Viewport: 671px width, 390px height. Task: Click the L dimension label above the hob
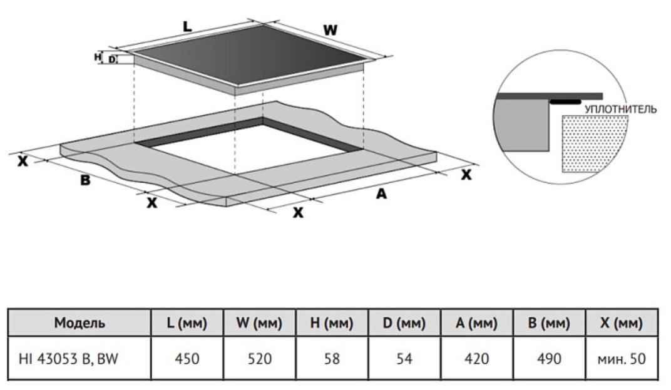coord(187,26)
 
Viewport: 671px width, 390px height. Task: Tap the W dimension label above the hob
coord(330,31)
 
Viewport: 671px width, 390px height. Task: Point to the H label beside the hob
coord(98,56)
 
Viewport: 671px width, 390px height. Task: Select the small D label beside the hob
coord(111,59)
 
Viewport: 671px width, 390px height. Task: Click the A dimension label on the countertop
coord(381,194)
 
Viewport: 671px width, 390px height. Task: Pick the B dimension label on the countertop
coord(86,180)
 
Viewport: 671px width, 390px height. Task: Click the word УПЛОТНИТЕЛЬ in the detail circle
coord(620,109)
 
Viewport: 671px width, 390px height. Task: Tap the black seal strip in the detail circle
coord(565,102)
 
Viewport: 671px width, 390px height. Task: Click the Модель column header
coord(79,322)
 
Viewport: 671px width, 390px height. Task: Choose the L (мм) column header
coord(187,323)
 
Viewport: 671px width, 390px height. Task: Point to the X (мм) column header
coord(622,323)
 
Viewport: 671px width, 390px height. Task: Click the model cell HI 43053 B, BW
coord(68,358)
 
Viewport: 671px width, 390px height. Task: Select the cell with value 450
coord(187,358)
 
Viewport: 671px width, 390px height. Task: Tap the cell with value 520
coord(260,358)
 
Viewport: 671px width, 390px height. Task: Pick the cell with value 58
coord(332,358)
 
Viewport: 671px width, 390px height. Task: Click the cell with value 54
coord(404,358)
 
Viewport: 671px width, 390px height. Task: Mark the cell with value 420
coord(477,358)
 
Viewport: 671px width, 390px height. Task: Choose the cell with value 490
coord(549,358)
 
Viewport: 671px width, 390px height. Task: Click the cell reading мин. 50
coord(622,358)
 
